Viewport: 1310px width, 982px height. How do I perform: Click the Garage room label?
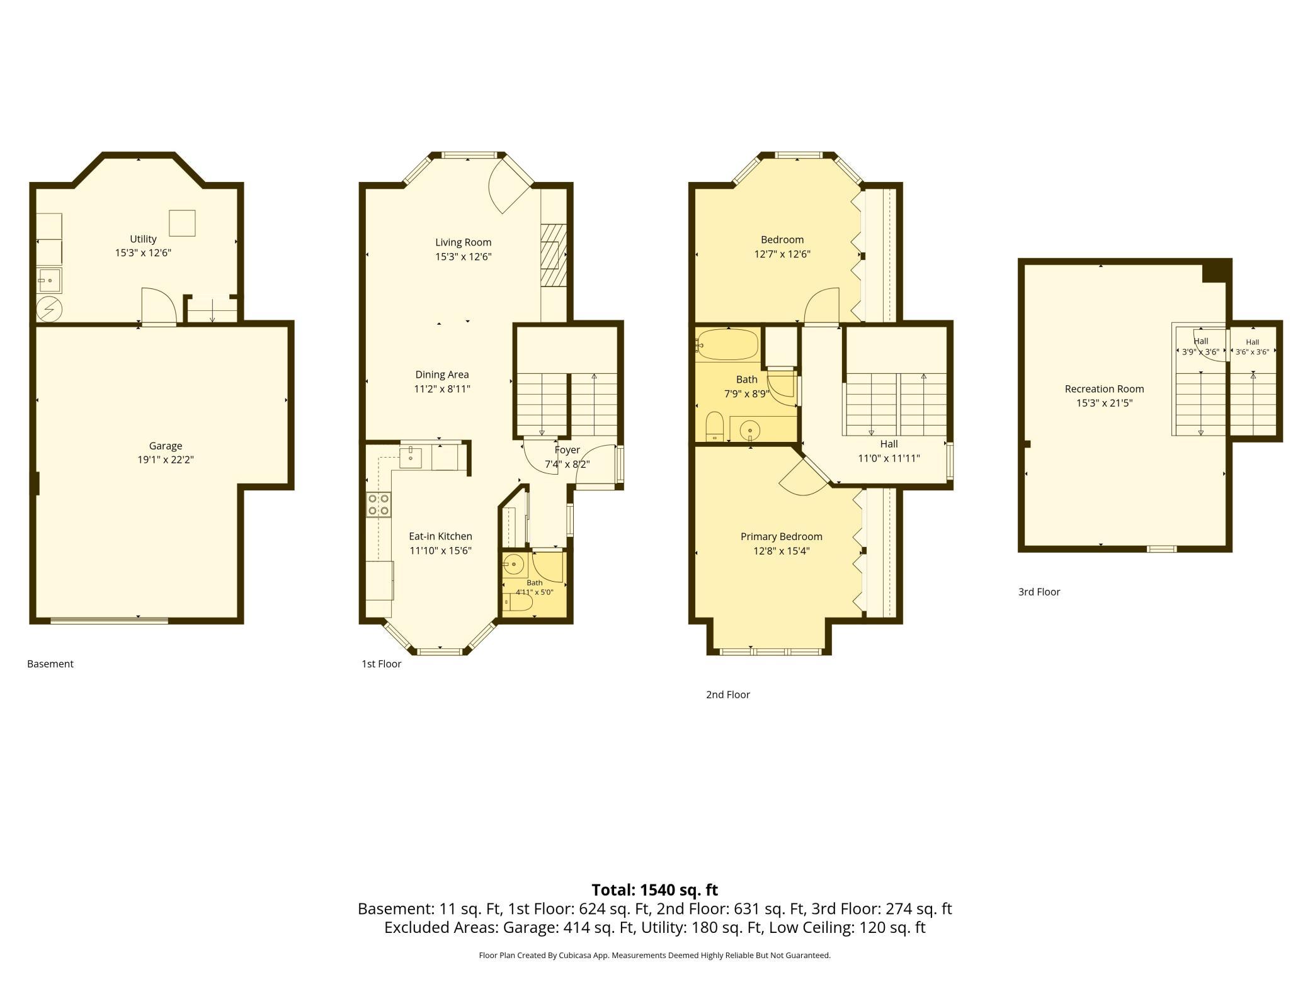coord(166,446)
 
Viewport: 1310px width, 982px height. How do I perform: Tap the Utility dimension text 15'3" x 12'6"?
coord(143,253)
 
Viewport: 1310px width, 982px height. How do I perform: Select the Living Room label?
coord(463,242)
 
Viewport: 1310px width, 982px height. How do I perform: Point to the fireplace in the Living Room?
coord(554,255)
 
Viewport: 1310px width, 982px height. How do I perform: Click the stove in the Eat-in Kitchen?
coord(379,505)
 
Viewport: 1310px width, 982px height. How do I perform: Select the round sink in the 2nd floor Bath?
coord(749,431)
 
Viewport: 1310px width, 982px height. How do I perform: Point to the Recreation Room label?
coord(1104,389)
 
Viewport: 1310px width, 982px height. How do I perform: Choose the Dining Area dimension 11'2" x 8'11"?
coord(442,389)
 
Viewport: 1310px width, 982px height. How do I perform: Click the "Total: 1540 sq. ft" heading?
coord(654,889)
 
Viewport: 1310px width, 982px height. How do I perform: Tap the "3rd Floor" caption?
coord(1039,592)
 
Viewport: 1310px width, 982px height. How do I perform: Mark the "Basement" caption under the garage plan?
coord(50,663)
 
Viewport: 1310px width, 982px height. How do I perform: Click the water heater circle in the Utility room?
coord(49,308)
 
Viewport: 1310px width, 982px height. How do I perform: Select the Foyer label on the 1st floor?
coord(567,450)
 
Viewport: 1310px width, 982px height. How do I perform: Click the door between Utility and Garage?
coord(159,307)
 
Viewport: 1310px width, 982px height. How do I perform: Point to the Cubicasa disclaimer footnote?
coord(654,955)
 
